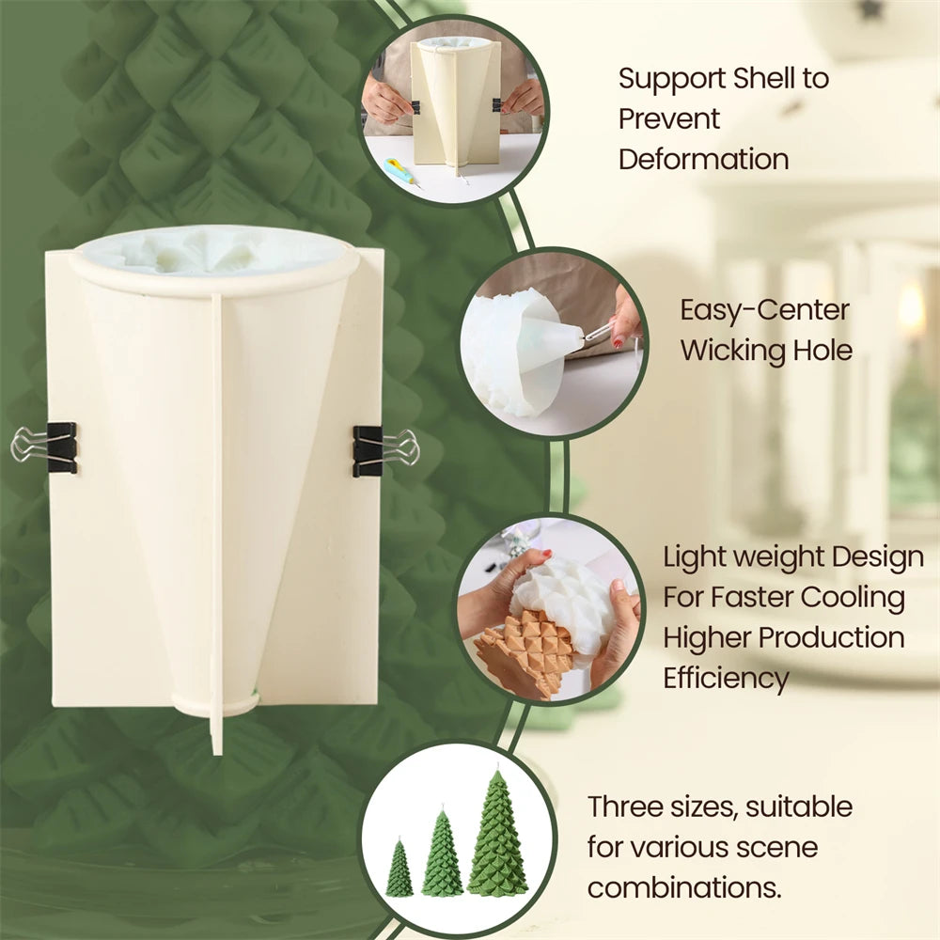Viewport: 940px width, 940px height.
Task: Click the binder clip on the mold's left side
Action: [44, 447]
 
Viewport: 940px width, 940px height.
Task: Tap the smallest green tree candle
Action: [399, 869]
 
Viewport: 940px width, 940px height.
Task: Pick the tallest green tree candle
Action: [497, 832]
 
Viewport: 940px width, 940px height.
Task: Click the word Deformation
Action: [703, 160]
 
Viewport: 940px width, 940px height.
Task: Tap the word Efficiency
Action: [726, 680]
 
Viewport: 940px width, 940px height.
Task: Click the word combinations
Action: [684, 888]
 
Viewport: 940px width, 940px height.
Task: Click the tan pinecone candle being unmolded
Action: [522, 653]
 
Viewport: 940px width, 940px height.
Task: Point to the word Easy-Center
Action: [764, 310]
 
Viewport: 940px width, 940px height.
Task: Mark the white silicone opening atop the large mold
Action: [213, 252]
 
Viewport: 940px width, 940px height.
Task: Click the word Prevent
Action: [668, 119]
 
